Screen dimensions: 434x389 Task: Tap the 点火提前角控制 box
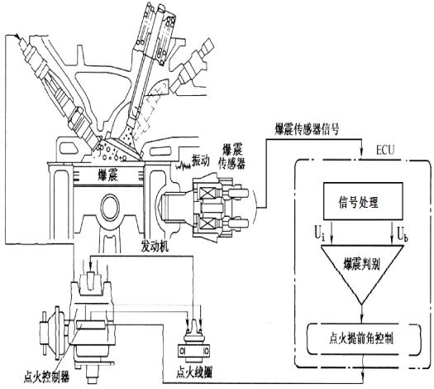pyautogui.click(x=362, y=339)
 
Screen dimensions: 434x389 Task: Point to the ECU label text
pyautogui.click(x=385, y=151)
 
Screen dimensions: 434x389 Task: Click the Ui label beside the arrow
pyautogui.click(x=319, y=234)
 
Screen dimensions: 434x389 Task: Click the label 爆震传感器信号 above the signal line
pyautogui.click(x=307, y=129)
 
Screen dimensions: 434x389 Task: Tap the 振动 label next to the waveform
pyautogui.click(x=201, y=161)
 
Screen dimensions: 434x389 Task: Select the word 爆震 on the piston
pyautogui.click(x=108, y=175)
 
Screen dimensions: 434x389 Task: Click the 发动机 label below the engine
pyautogui.click(x=155, y=247)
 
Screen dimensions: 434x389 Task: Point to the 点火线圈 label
pyautogui.click(x=194, y=372)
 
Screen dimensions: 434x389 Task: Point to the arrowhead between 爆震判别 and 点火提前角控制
pyautogui.click(x=362, y=319)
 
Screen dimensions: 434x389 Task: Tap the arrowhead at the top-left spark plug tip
pyautogui.click(x=19, y=37)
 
